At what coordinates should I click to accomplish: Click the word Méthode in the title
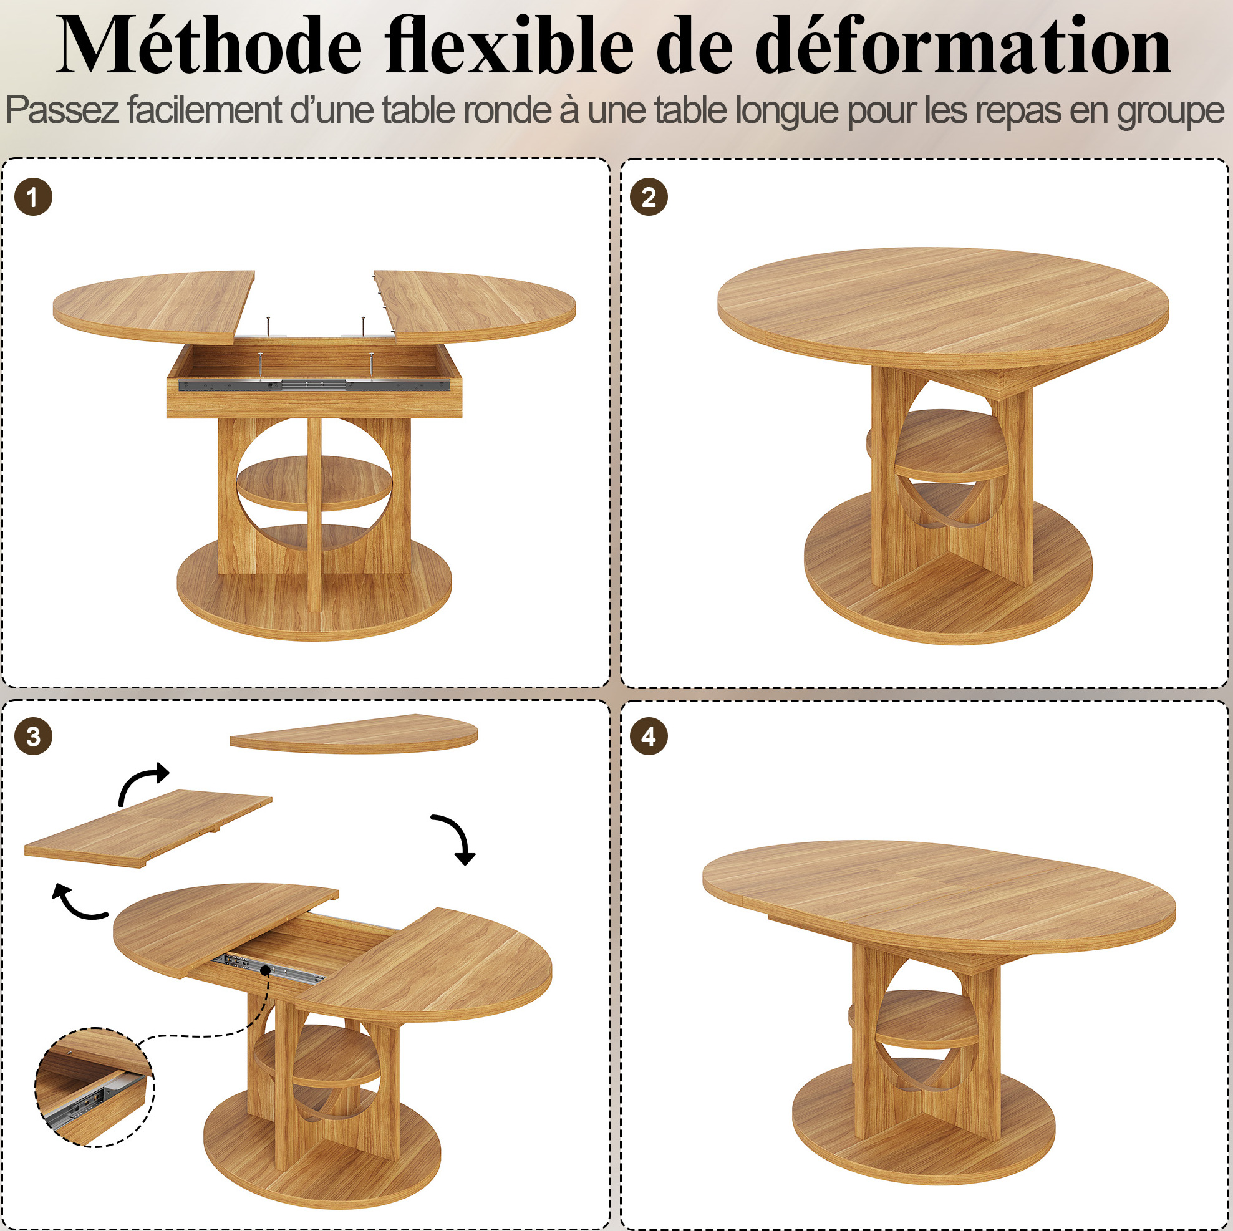pyautogui.click(x=210, y=46)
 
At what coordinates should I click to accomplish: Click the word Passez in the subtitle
pyautogui.click(x=62, y=110)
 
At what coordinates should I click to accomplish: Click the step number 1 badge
pyautogui.click(x=33, y=196)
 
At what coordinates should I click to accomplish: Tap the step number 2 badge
pyautogui.click(x=649, y=196)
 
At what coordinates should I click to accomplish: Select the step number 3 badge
pyautogui.click(x=33, y=736)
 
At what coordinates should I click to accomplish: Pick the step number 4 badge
pyautogui.click(x=649, y=736)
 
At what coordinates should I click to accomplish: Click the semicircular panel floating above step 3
pyautogui.click(x=354, y=734)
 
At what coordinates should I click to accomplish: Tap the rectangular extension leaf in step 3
pyautogui.click(x=148, y=828)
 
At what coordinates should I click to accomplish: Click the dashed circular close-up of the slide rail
pyautogui.click(x=94, y=1087)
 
